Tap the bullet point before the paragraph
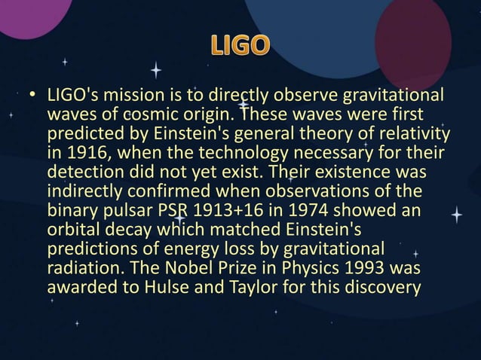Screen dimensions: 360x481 (32, 96)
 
